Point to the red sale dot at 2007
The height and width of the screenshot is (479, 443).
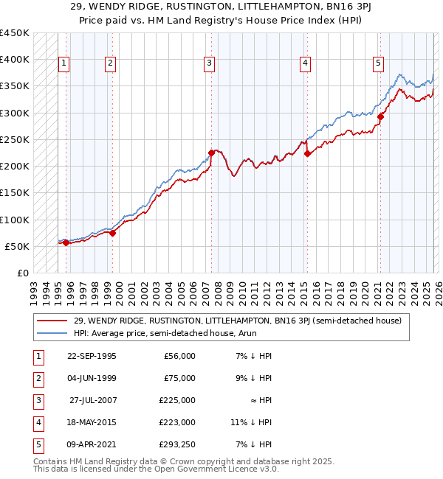[x=211, y=153]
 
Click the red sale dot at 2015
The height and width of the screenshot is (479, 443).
[x=307, y=154]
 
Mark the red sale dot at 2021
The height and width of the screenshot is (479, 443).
[x=381, y=116]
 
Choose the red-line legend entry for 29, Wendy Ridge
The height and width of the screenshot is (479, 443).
[x=236, y=321]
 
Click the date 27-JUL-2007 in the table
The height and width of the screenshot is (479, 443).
[x=92, y=399]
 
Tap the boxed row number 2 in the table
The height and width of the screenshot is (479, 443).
[x=38, y=378]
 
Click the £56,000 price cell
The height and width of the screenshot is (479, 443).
[x=179, y=356]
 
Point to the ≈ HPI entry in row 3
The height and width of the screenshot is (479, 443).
[x=259, y=399]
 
